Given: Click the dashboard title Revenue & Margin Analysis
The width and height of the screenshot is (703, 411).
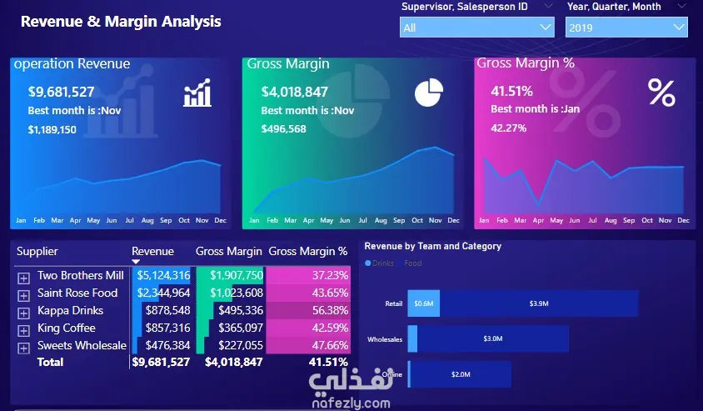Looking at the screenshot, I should pyautogui.click(x=121, y=22).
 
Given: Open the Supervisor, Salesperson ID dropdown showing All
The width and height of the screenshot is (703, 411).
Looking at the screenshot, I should pyautogui.click(x=477, y=28).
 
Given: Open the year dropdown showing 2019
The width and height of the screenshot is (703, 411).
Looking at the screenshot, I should pyautogui.click(x=626, y=28).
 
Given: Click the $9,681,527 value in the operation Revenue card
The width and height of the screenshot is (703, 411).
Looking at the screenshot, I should pyautogui.click(x=62, y=93).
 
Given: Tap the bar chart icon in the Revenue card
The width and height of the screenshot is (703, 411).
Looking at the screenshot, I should pyautogui.click(x=197, y=93).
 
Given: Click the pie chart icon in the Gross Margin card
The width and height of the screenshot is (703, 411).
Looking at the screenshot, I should pyautogui.click(x=429, y=93).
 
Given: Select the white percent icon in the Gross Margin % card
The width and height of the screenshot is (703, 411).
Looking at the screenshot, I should pyautogui.click(x=661, y=93).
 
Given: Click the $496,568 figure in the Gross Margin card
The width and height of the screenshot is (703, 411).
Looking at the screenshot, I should pyautogui.click(x=283, y=129).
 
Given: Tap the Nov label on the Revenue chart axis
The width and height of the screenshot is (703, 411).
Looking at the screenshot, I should pyautogui.click(x=202, y=221).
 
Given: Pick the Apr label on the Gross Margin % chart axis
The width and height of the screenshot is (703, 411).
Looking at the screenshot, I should pyautogui.click(x=537, y=221).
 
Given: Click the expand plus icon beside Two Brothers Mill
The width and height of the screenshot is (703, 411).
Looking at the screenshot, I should pyautogui.click(x=23, y=277).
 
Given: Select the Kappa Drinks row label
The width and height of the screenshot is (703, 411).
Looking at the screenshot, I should pyautogui.click(x=71, y=311).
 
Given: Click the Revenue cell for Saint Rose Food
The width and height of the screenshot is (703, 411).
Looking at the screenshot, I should pyautogui.click(x=163, y=293).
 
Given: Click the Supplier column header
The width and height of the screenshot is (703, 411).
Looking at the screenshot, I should pyautogui.click(x=37, y=251).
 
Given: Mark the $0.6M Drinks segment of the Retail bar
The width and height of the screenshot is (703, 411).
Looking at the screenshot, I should pyautogui.click(x=424, y=304).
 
